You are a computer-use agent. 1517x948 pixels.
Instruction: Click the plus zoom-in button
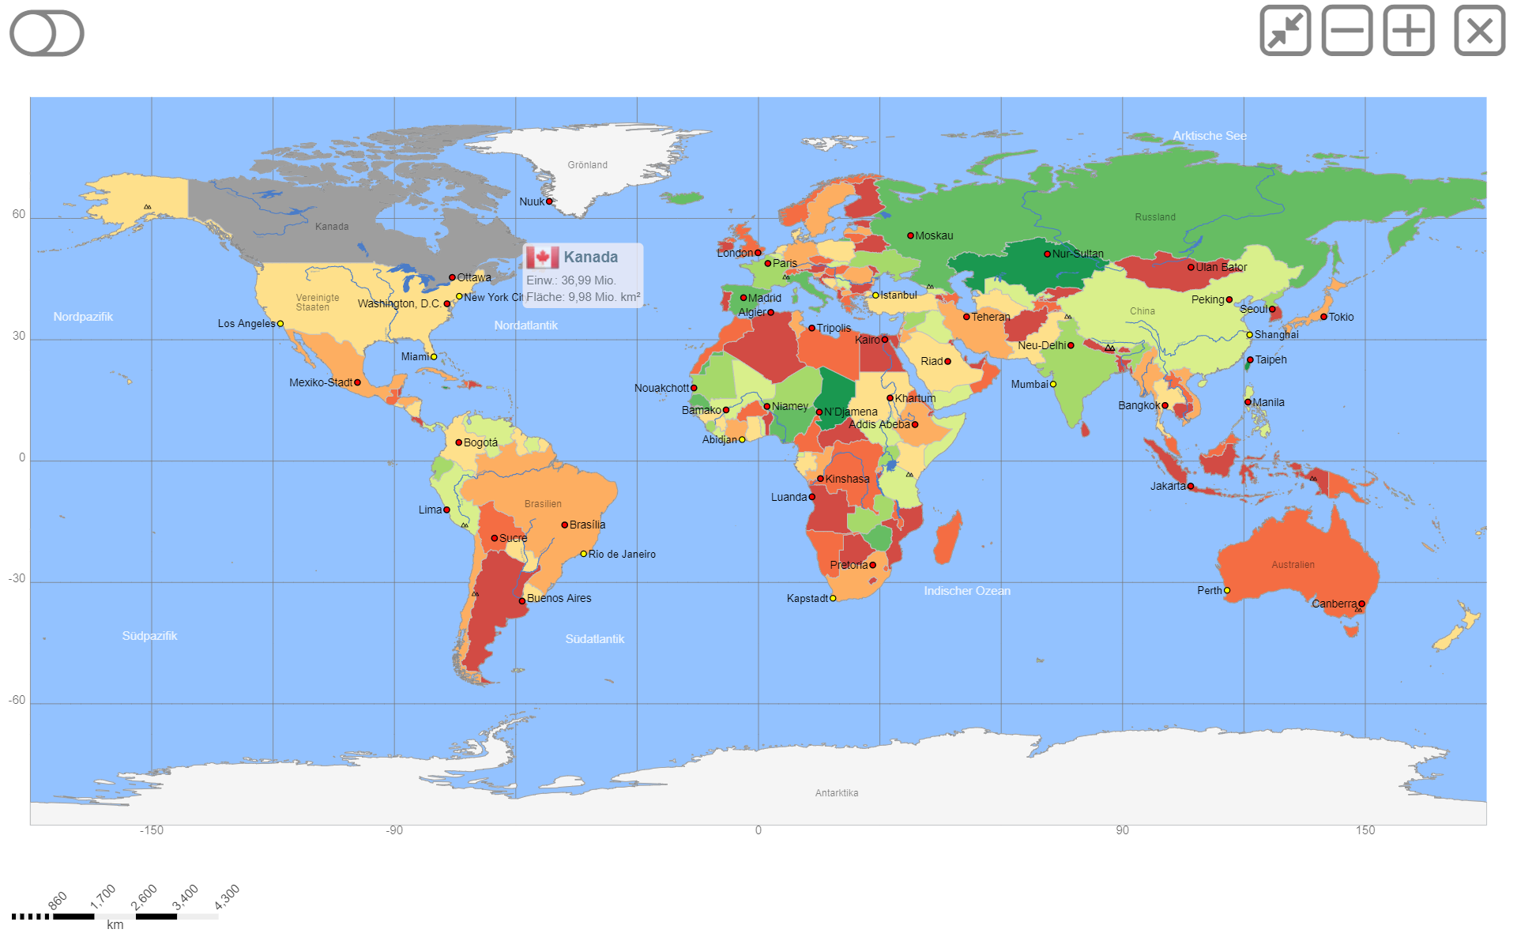tap(1408, 31)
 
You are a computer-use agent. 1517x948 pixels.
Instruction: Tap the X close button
tap(1479, 31)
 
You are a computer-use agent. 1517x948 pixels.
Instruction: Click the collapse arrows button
tap(1285, 31)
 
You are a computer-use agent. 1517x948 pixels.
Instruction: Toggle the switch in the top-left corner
tap(47, 33)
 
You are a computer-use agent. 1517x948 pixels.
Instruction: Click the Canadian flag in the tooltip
tap(543, 258)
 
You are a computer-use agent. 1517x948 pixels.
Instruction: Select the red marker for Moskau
tap(910, 235)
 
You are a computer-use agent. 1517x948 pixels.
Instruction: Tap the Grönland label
tap(587, 165)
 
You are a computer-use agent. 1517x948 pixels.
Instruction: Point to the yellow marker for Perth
tap(1227, 590)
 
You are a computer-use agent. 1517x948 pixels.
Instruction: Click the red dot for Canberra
tap(1361, 604)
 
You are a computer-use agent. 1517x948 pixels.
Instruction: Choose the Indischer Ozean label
tap(967, 591)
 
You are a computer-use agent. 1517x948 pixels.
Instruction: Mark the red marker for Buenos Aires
tap(521, 601)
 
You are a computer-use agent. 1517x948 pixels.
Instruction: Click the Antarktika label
tap(836, 793)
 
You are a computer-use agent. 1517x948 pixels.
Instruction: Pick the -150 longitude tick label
tap(151, 830)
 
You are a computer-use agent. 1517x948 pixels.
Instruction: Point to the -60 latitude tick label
tap(17, 700)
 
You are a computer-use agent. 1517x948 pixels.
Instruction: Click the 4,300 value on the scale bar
tap(227, 897)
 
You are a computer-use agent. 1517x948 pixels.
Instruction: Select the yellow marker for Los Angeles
tap(280, 324)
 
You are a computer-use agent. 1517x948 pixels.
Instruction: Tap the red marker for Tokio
tap(1323, 317)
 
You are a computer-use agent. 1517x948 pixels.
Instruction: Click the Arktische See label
tap(1209, 136)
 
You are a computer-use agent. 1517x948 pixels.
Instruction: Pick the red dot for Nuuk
tap(549, 201)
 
